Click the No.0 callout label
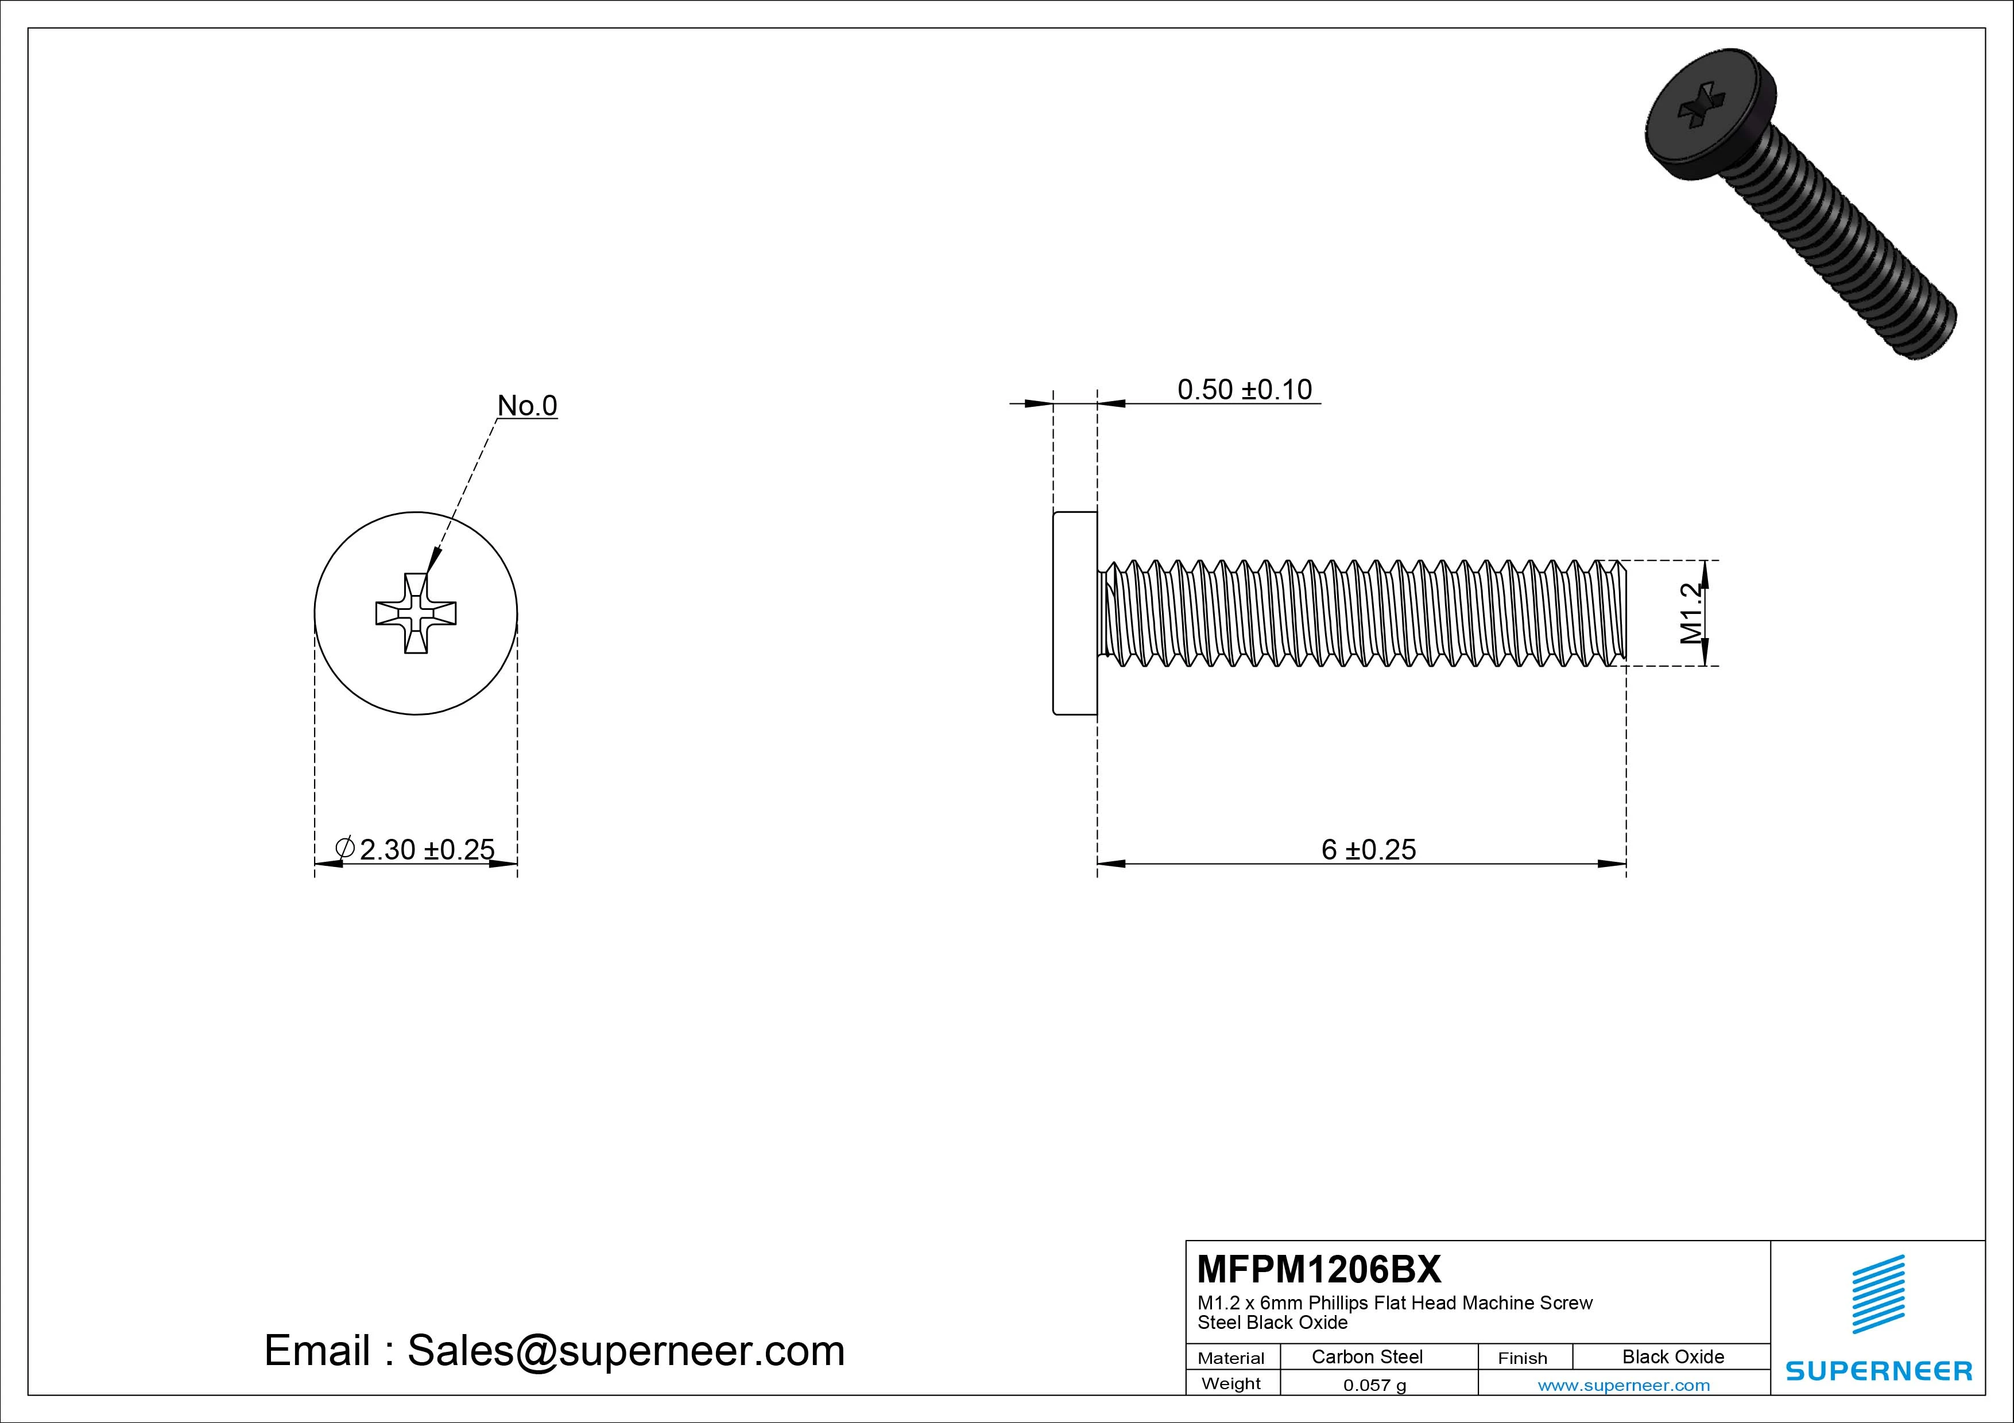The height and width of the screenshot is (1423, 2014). pyautogui.click(x=526, y=405)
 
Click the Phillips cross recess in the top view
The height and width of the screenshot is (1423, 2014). pyautogui.click(x=416, y=613)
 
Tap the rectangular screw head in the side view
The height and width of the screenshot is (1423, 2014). pyautogui.click(x=1075, y=613)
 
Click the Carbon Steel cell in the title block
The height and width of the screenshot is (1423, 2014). pyautogui.click(x=1366, y=1356)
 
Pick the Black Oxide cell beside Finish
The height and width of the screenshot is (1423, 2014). pyautogui.click(x=1673, y=1356)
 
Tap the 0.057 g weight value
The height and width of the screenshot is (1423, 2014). pyautogui.click(x=1374, y=1385)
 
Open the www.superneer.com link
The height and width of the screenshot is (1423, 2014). pyautogui.click(x=1624, y=1385)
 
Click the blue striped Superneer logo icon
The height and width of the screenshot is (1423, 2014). pyautogui.click(x=1878, y=1294)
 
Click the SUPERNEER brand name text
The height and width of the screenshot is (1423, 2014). pyautogui.click(x=1878, y=1370)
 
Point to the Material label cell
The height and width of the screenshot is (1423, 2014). pyautogui.click(x=1231, y=1358)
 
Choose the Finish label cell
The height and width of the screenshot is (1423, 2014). pyautogui.click(x=1522, y=1358)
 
